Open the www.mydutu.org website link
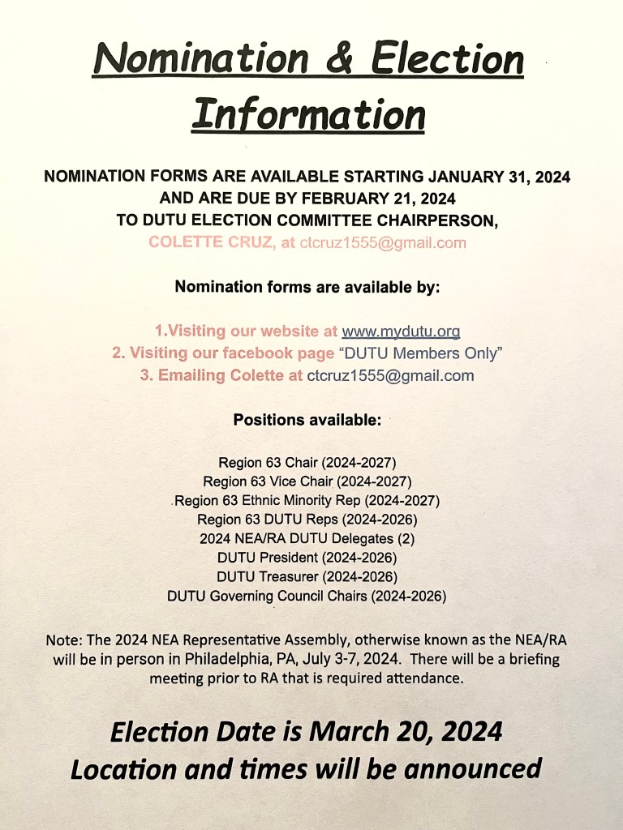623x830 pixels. (x=402, y=332)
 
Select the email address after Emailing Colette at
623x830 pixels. (x=390, y=375)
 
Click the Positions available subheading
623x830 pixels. (x=307, y=420)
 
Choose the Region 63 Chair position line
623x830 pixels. (x=307, y=464)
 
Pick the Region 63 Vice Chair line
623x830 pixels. (x=307, y=482)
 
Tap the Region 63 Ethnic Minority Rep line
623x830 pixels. (x=307, y=501)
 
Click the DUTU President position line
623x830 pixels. (x=307, y=558)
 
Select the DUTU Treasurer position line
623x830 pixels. (x=307, y=576)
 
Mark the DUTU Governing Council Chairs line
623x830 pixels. (x=307, y=596)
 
